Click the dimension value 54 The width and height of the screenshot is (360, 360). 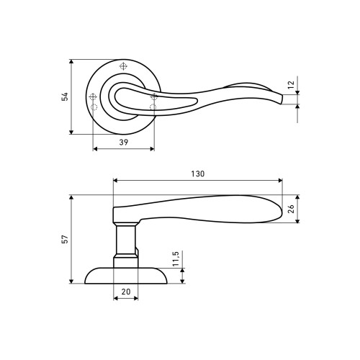(x=65, y=96)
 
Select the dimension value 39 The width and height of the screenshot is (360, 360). (x=124, y=143)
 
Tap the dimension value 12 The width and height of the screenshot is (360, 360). (x=291, y=85)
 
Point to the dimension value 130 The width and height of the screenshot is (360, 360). (x=198, y=174)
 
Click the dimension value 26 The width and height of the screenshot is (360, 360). (x=291, y=209)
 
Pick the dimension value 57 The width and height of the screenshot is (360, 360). (x=65, y=239)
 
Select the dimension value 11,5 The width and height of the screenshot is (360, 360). (x=176, y=258)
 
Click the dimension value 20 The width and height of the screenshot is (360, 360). (x=126, y=292)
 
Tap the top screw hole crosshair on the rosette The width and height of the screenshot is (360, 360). (x=123, y=66)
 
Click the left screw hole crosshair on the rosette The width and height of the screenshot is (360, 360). (x=93, y=97)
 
